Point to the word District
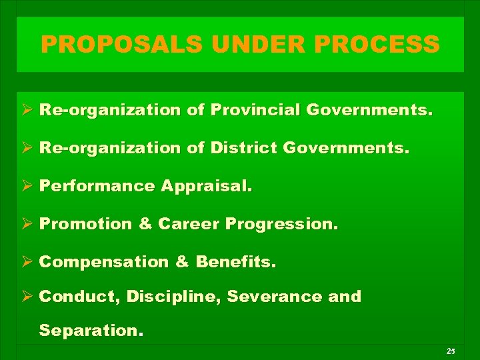click(243, 147)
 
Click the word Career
click(189, 223)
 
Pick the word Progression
click(282, 223)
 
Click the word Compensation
click(104, 261)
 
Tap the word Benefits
click(235, 261)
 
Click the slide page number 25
click(451, 351)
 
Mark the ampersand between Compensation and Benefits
click(182, 261)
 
